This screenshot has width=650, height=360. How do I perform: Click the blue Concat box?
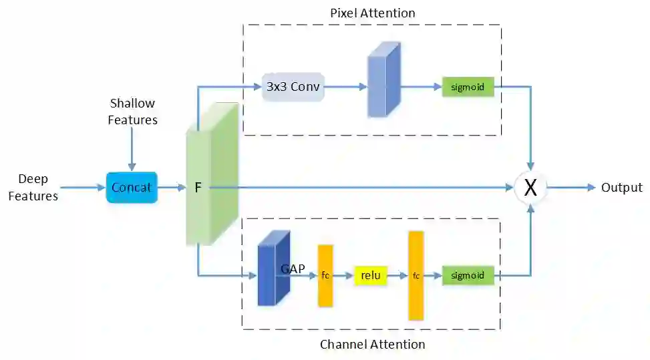[x=132, y=187]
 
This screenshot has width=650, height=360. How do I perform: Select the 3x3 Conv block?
[x=293, y=87]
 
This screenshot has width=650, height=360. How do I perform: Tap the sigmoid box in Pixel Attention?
[x=468, y=87]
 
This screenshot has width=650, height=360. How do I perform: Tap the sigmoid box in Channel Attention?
[x=468, y=275]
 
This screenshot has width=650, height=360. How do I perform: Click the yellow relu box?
[x=371, y=275]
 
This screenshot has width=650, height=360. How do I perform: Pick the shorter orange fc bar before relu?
[x=325, y=276]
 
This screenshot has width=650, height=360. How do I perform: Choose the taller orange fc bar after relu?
[x=416, y=276]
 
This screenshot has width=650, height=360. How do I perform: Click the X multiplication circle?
[x=530, y=187]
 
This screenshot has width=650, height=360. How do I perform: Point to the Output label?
[x=622, y=188]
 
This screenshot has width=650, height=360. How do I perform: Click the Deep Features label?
[x=33, y=187]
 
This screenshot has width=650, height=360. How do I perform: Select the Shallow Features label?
[x=133, y=112]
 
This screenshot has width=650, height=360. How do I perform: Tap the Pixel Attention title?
[x=373, y=13]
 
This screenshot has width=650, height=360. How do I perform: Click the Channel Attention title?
[x=373, y=344]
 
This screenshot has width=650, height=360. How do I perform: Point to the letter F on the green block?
[x=198, y=188]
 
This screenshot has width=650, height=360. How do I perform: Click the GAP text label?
[x=293, y=269]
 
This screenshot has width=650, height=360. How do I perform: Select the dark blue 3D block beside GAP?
[x=274, y=268]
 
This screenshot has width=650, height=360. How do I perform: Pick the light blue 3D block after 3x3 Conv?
[x=384, y=79]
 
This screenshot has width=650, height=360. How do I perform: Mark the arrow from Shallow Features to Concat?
[x=132, y=149]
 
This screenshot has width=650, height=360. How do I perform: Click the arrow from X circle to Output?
[x=571, y=188]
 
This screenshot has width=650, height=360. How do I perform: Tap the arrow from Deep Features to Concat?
[x=83, y=188]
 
